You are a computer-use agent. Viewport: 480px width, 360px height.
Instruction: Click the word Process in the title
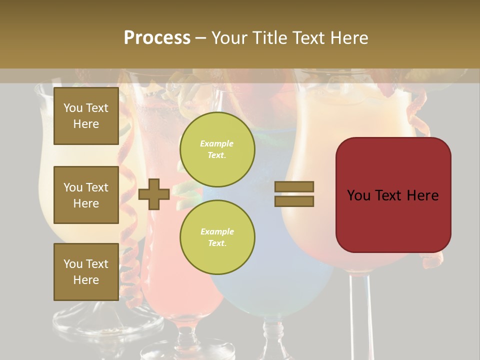tap(157, 38)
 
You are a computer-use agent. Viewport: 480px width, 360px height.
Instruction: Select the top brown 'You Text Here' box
tap(86, 116)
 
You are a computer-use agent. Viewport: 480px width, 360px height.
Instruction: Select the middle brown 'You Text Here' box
tap(86, 195)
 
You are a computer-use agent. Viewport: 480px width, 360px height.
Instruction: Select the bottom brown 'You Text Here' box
tap(86, 272)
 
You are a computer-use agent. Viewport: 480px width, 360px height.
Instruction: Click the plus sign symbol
tap(154, 194)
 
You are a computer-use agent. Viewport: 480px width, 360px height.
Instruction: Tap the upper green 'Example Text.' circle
tap(217, 149)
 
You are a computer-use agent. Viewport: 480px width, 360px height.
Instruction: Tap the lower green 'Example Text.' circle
tap(217, 237)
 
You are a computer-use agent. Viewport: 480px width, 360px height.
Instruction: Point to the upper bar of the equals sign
tap(294, 187)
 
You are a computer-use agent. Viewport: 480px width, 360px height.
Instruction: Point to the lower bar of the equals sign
tap(294, 201)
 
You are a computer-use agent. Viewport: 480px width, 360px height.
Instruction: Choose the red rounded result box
tap(393, 195)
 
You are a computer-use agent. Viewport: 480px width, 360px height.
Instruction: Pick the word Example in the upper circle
tap(217, 143)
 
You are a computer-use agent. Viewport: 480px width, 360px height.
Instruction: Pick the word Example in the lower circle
tap(217, 231)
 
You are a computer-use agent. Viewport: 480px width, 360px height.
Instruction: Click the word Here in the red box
tap(422, 195)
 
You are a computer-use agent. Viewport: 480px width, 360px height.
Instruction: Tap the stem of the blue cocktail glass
tap(272, 335)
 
